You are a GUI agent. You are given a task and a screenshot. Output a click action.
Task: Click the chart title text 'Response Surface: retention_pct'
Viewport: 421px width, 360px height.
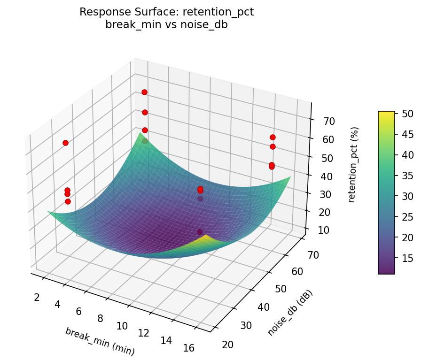click(x=167, y=12)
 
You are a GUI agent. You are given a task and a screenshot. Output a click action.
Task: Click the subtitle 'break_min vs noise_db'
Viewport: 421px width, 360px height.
click(x=167, y=25)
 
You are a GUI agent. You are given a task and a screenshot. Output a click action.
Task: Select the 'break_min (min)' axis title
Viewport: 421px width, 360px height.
click(x=100, y=341)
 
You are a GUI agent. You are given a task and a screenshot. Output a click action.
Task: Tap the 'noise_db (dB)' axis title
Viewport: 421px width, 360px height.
click(x=290, y=313)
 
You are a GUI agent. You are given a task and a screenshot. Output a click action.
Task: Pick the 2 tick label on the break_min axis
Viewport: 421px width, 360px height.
click(x=37, y=297)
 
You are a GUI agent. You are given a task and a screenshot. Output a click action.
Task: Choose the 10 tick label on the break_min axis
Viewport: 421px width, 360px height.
click(x=122, y=326)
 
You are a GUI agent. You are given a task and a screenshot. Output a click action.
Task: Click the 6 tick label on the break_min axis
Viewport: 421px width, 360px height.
click(x=79, y=311)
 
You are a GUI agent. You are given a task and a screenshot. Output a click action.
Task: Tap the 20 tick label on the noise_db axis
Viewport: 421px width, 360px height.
click(x=227, y=345)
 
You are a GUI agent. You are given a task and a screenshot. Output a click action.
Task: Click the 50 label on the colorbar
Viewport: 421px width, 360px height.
click(x=407, y=114)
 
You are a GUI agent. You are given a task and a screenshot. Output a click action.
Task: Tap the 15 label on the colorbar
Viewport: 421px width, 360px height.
click(x=407, y=258)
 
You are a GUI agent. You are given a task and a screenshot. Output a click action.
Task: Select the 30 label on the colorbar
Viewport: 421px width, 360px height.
click(x=407, y=196)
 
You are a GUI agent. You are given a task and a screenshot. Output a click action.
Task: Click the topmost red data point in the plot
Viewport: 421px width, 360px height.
click(x=144, y=92)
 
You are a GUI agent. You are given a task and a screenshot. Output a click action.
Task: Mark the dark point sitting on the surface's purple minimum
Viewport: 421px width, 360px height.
click(x=200, y=232)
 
